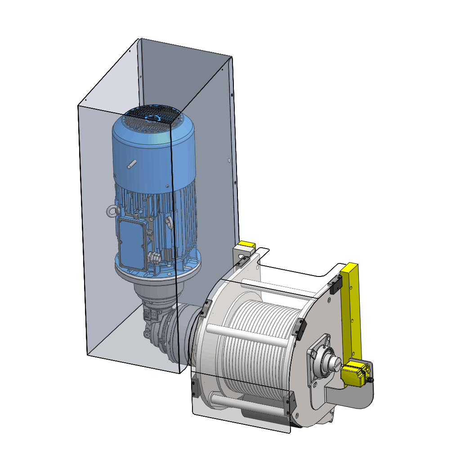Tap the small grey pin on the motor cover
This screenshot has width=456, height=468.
[x=131, y=165]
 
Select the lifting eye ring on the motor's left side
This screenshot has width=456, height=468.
[x=112, y=211]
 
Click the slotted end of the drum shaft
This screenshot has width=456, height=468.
[x=336, y=363]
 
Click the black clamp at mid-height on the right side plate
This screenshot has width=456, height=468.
[x=299, y=327]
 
